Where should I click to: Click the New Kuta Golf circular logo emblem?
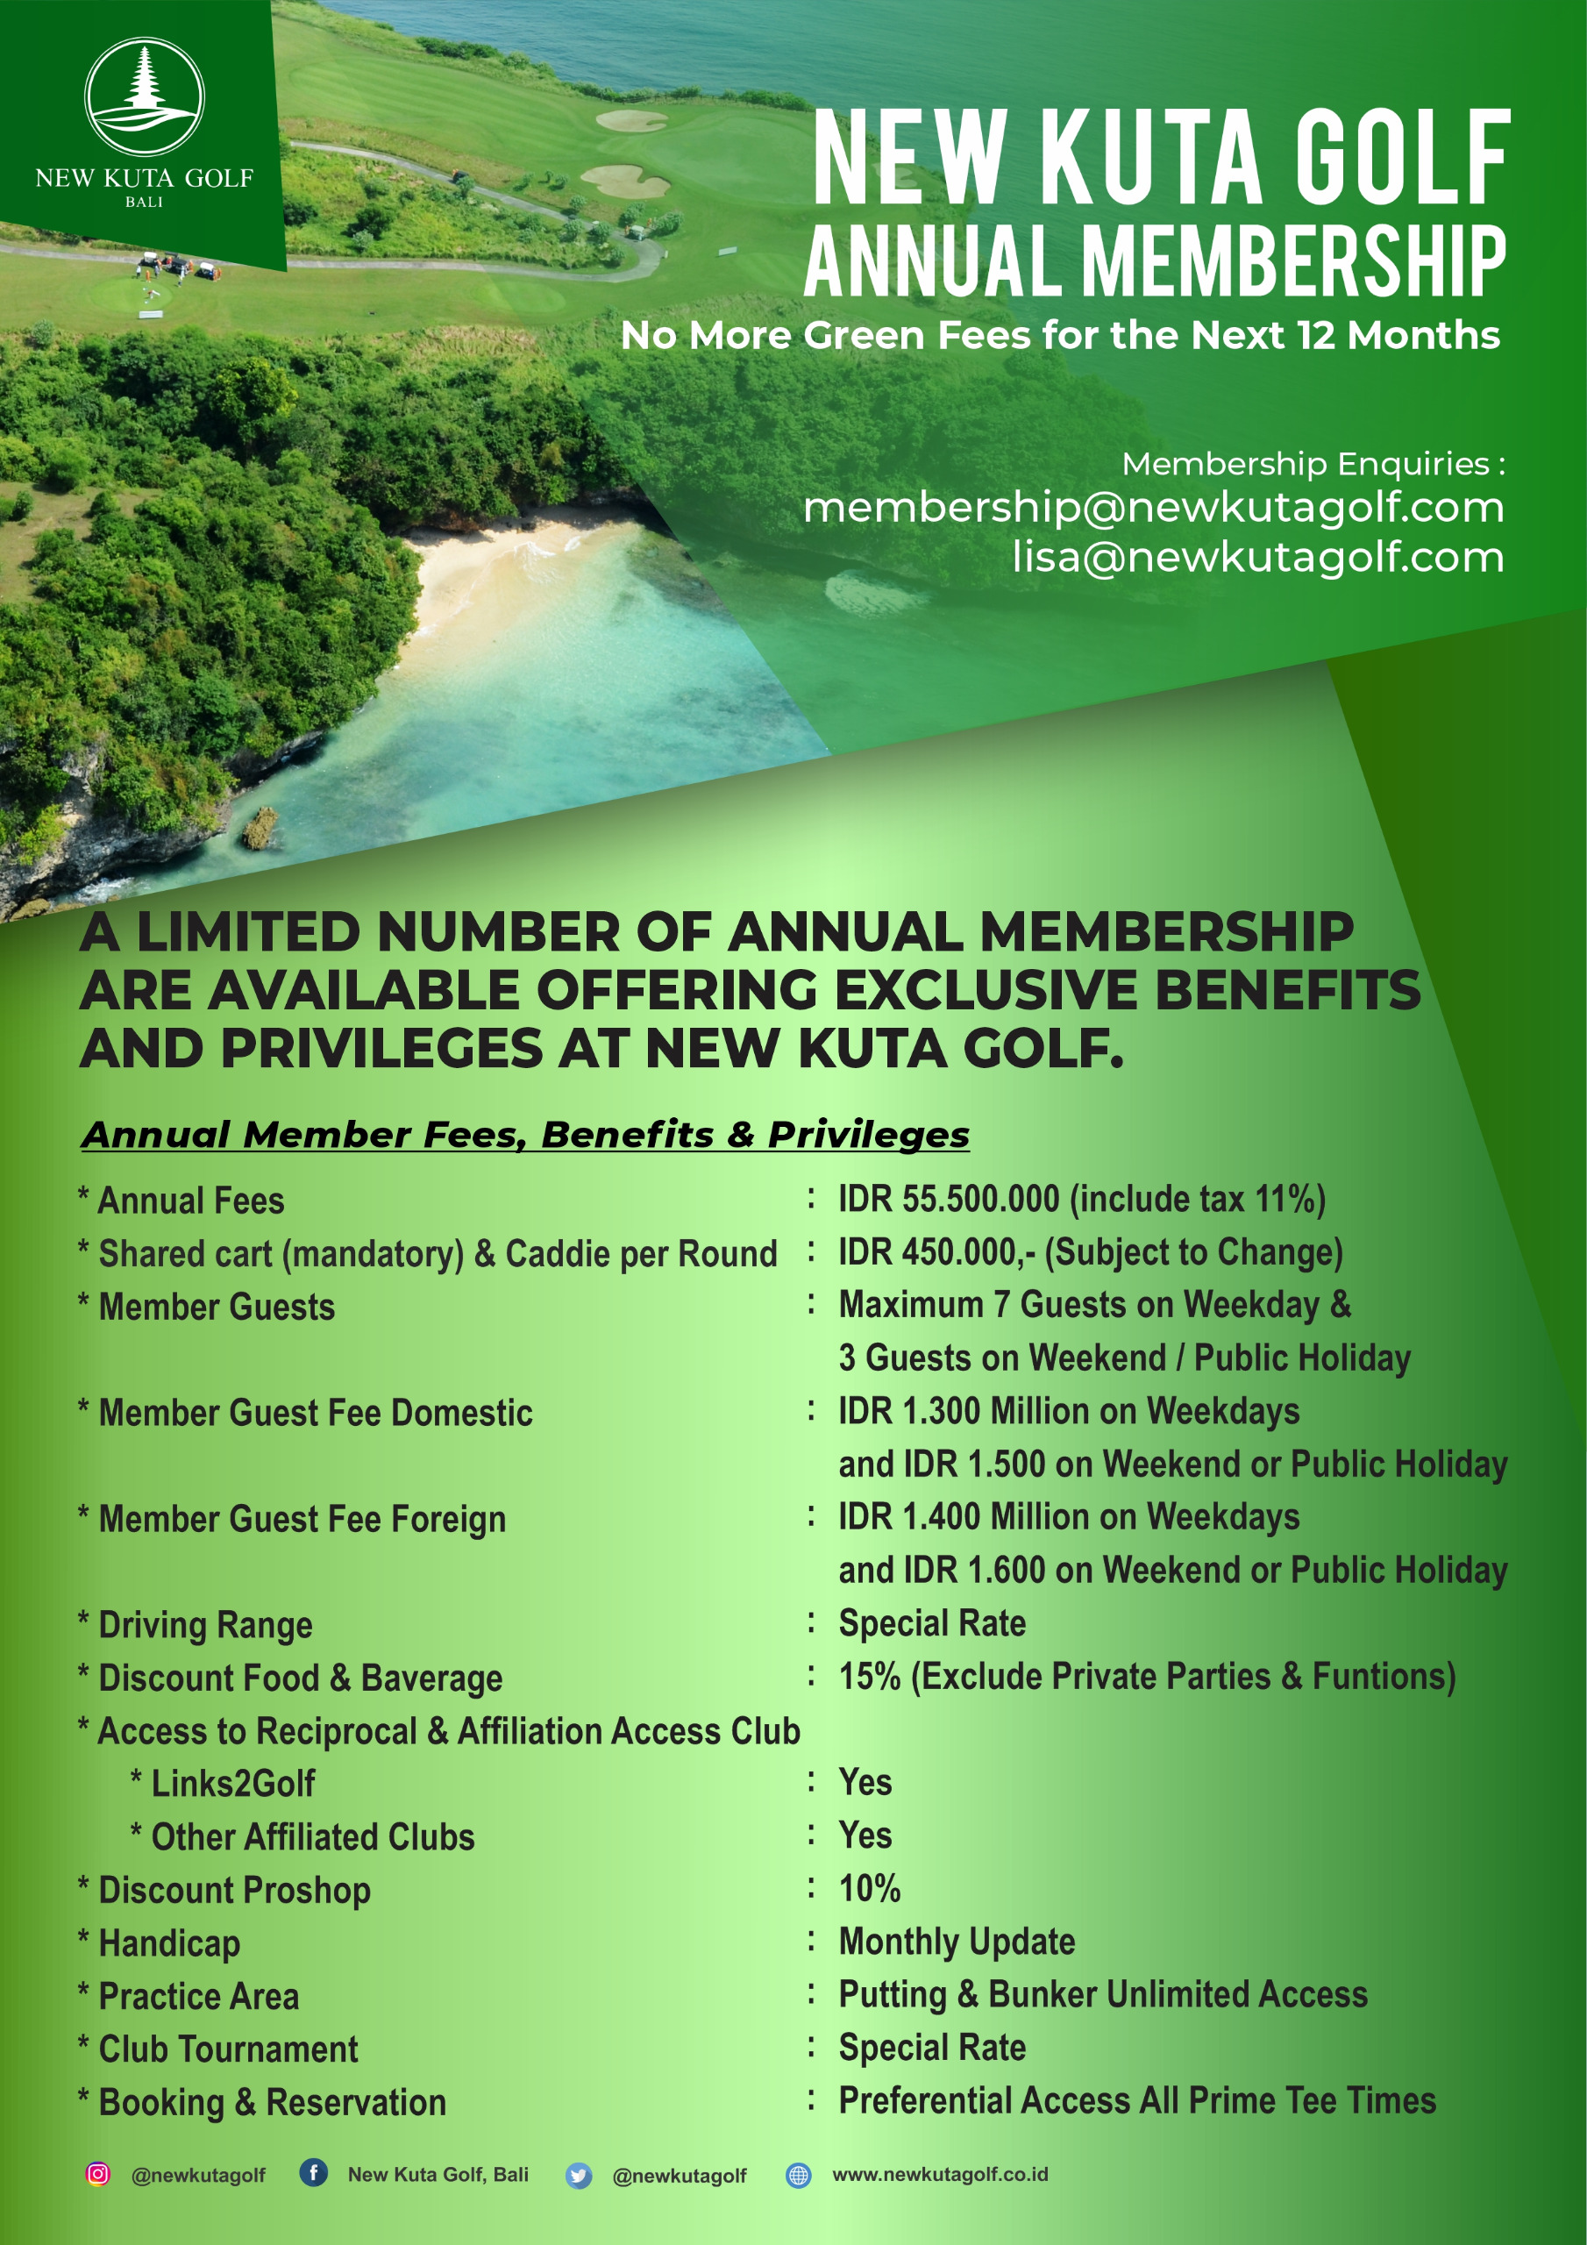pos(145,96)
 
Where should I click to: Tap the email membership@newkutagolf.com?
pos(1153,507)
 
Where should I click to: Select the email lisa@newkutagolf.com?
pos(1257,558)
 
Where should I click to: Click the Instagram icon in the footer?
pos(98,2174)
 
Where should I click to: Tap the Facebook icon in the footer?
pos(313,2172)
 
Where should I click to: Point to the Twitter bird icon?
pos(579,2176)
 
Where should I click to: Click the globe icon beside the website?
pos(799,2175)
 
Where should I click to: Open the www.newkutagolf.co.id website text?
pos(940,2174)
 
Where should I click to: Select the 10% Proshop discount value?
pos(869,1888)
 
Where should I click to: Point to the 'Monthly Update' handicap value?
pos(957,1941)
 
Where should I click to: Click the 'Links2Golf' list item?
pos(232,1783)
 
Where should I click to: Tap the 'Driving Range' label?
pos(205,1624)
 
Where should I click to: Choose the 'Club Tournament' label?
pos(228,2049)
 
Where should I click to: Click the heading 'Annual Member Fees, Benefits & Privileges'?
pos(526,1134)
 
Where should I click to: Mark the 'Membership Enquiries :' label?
pos(1313,464)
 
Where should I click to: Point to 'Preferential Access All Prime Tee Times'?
pos(1137,2100)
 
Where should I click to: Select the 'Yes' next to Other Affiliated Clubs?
pos(865,1835)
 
